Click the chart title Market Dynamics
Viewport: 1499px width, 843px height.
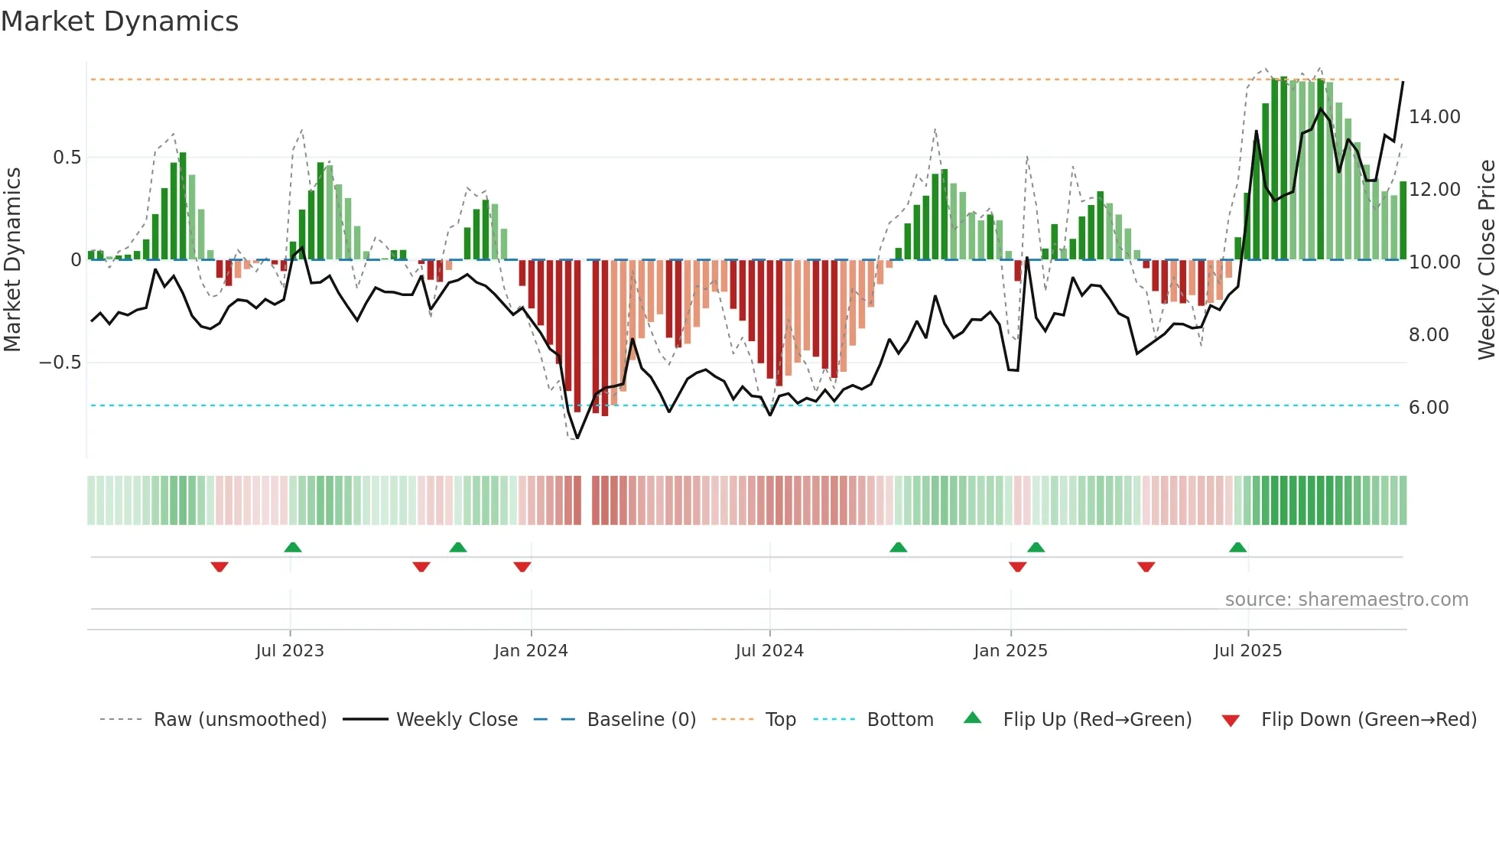(x=119, y=21)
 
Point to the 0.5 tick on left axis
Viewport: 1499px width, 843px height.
(x=67, y=158)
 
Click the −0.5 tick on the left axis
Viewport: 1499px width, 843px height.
(x=60, y=363)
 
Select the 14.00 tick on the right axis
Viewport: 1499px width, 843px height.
(x=1435, y=117)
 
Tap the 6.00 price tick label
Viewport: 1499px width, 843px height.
(x=1429, y=408)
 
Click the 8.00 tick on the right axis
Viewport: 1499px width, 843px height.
(x=1429, y=335)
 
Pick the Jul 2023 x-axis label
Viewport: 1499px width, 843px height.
(x=290, y=651)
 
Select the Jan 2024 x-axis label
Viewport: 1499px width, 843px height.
(x=531, y=651)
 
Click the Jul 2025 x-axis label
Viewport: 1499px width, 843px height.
(x=1247, y=651)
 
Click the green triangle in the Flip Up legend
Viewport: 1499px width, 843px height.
(x=972, y=718)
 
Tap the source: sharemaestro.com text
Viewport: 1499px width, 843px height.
(x=1346, y=600)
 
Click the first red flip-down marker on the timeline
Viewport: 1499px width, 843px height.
(x=219, y=567)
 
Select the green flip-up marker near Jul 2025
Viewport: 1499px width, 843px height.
(x=1237, y=547)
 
